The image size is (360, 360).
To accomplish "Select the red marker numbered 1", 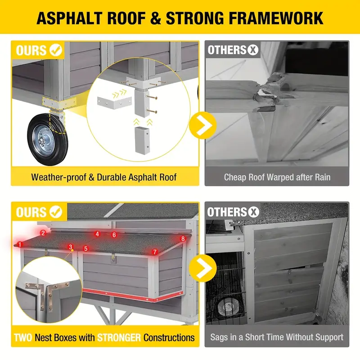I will [19, 244].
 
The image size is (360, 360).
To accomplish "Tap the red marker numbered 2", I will [43, 233].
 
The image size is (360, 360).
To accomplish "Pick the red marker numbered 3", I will [71, 247].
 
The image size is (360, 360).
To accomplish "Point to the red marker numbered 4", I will [97, 234].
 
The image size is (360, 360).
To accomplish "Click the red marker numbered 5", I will [86, 248].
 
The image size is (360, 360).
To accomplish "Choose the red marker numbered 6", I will [114, 235].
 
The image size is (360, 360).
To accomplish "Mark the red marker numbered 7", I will [155, 252].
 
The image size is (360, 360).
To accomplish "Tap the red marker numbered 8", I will [182, 238].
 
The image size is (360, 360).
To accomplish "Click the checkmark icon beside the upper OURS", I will [56, 50].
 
